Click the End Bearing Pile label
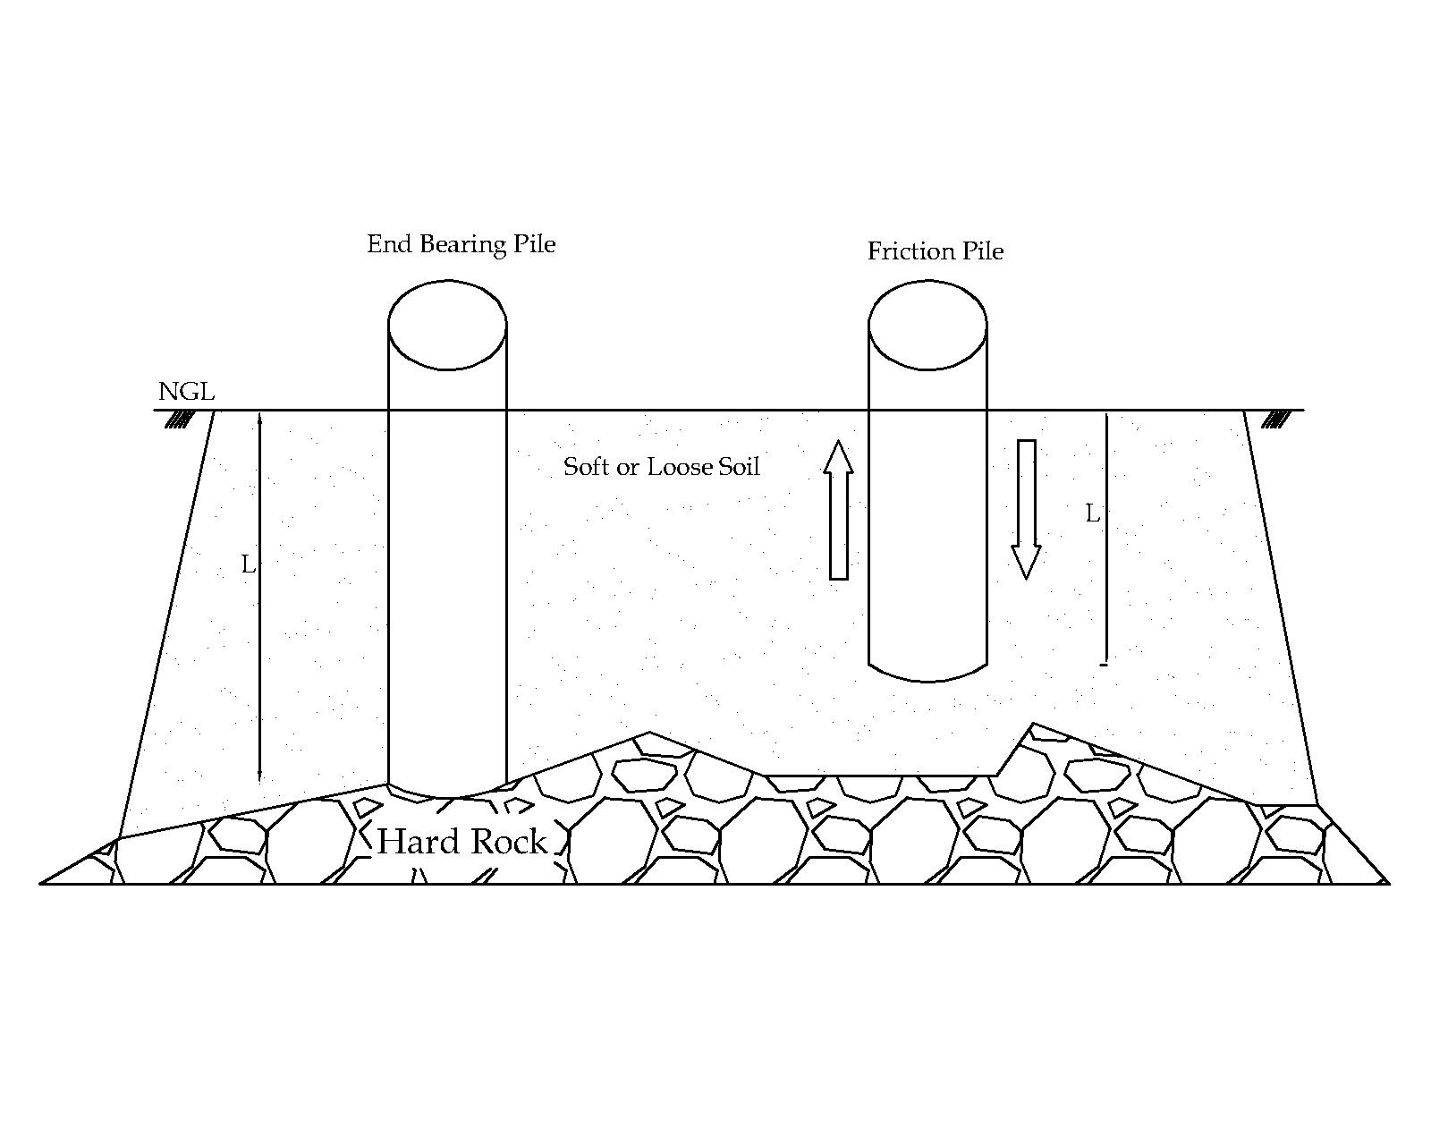click(461, 244)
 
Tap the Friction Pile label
click(935, 251)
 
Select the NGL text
click(186, 392)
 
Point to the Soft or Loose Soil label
click(661, 467)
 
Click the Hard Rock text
click(461, 842)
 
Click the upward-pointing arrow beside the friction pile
click(838, 510)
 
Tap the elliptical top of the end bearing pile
click(447, 325)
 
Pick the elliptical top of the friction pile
click(927, 325)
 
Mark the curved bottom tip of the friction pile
click(927, 674)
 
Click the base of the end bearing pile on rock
click(446, 791)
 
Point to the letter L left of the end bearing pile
click(249, 565)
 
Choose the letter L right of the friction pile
click(1092, 514)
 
